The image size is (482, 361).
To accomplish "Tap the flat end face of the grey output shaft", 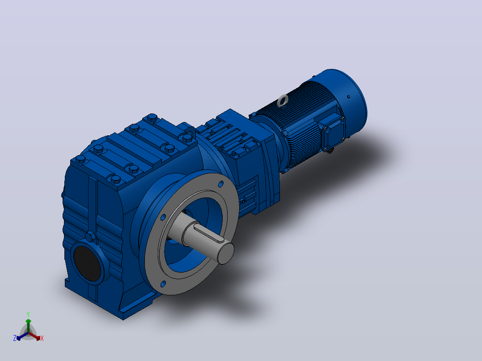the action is click(226, 253).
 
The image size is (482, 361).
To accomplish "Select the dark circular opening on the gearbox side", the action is click(88, 263).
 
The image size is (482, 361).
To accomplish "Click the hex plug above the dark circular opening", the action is click(90, 237).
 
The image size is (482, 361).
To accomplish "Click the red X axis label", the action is click(42, 338).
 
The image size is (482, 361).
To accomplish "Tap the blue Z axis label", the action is click(14, 338).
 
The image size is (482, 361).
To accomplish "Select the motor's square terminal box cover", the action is click(332, 133).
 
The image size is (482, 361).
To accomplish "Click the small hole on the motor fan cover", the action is click(349, 97).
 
